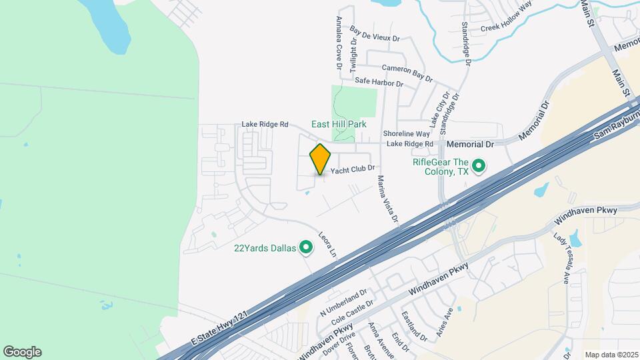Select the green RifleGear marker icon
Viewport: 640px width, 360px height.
tap(478, 165)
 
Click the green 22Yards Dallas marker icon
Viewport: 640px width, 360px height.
tap(306, 249)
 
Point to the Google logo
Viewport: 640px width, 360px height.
tap(22, 352)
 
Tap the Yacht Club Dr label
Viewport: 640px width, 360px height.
tap(353, 170)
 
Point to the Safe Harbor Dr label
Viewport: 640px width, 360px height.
tap(379, 83)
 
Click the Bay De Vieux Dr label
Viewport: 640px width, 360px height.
tap(374, 35)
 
